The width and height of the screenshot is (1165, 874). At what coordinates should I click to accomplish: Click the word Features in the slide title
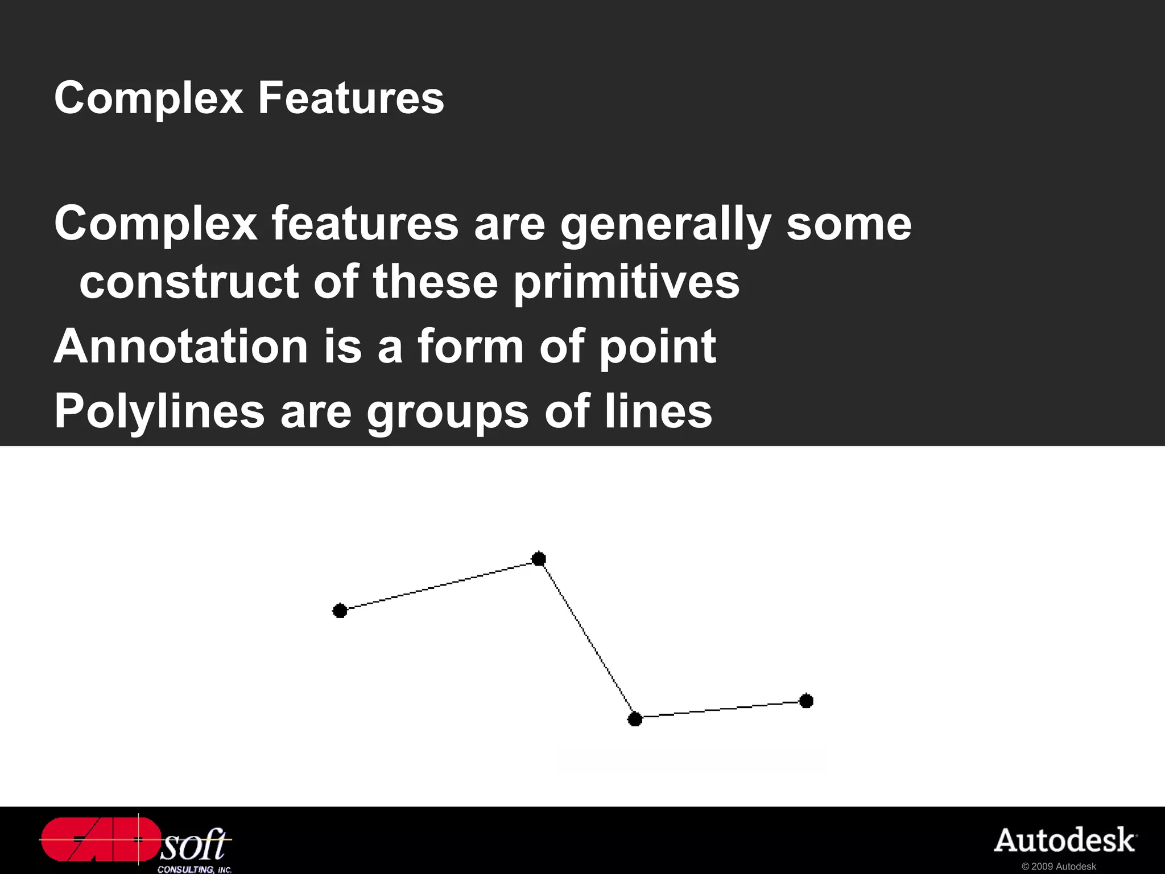pyautogui.click(x=350, y=98)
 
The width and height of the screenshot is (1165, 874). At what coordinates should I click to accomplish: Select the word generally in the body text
pyautogui.click(x=666, y=225)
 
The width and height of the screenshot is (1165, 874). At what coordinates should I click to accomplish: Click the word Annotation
pyautogui.click(x=181, y=347)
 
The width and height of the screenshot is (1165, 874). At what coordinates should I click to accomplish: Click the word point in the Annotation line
pyautogui.click(x=658, y=348)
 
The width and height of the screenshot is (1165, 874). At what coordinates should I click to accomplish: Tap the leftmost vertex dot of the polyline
pyautogui.click(x=340, y=611)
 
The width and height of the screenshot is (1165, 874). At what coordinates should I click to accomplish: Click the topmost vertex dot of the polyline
pyautogui.click(x=539, y=559)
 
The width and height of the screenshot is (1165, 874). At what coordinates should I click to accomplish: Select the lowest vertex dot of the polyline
pyautogui.click(x=635, y=719)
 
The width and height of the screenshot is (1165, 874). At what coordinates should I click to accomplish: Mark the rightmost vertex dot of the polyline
pyautogui.click(x=806, y=701)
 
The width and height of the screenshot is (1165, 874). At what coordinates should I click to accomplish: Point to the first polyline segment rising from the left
pyautogui.click(x=439, y=585)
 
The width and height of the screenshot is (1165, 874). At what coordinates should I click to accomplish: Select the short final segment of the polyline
pyautogui.click(x=720, y=710)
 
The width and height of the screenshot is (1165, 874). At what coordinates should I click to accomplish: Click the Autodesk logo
pyautogui.click(x=1065, y=841)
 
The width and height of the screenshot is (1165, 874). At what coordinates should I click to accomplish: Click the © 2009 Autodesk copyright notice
pyautogui.click(x=1059, y=867)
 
